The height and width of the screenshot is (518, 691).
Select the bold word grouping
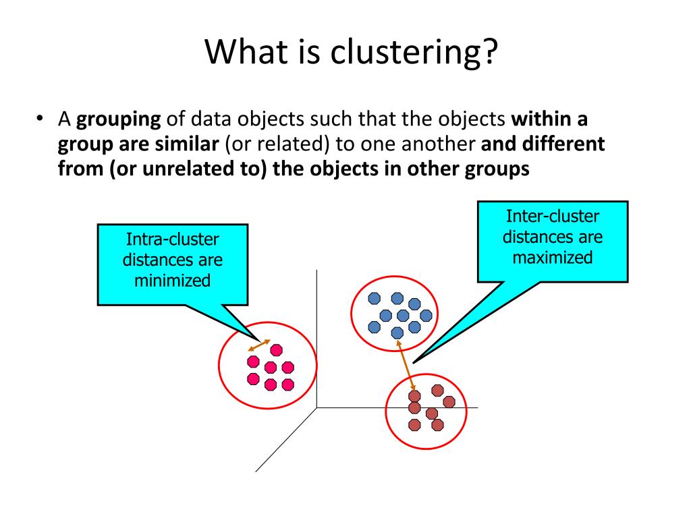[119, 119]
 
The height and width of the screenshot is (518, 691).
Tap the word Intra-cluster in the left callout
[173, 239]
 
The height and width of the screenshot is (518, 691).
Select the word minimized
[173, 279]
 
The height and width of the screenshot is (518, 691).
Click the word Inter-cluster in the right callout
[553, 217]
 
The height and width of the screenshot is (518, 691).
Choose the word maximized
[553, 257]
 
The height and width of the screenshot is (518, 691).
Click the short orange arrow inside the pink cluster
[259, 345]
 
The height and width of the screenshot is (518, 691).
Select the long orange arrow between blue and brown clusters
[406, 365]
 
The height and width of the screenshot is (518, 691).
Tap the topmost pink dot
[275, 349]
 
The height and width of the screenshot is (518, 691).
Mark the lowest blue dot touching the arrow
[397, 332]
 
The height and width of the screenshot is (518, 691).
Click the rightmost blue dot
[426, 315]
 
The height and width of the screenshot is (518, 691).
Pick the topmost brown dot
[437, 390]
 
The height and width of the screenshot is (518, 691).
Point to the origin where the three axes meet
[317, 407]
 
